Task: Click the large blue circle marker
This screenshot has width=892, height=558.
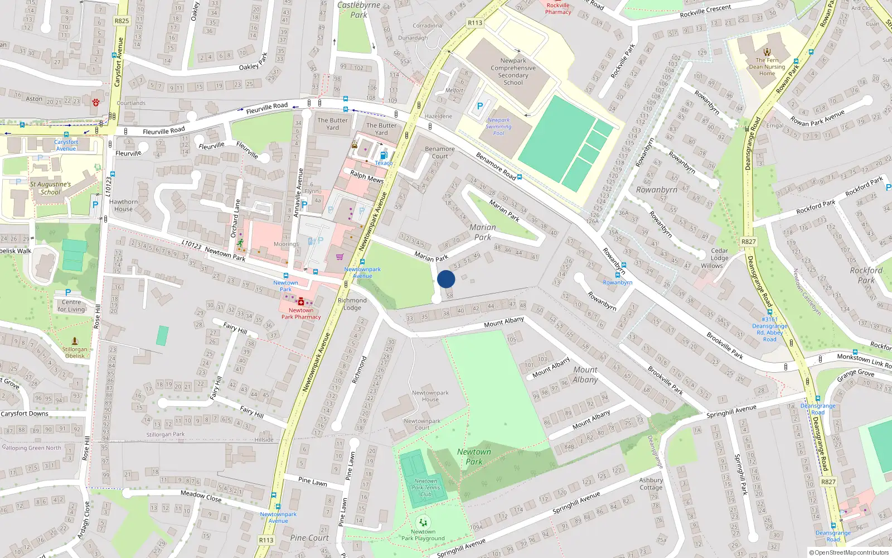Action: pos(446,279)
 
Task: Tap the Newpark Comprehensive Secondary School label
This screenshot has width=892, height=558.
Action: pos(513,71)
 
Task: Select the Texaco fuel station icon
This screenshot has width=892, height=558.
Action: pos(383,156)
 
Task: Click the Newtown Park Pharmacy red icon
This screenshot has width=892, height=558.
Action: pos(301,302)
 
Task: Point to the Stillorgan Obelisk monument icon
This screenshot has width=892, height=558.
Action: pos(75,340)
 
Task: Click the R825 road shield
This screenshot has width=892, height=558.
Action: pos(122,21)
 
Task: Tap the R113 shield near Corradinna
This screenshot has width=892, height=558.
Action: pos(475,23)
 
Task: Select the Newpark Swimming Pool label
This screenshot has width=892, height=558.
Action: pos(498,127)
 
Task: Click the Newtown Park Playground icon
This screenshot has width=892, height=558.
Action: pos(423,522)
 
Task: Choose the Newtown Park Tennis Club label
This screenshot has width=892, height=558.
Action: pos(426,487)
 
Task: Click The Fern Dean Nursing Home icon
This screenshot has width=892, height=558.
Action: pos(767,52)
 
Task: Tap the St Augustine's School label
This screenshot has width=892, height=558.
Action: pos(50,188)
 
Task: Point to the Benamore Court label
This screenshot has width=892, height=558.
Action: pos(440,152)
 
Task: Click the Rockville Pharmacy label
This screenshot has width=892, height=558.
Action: pos(558,8)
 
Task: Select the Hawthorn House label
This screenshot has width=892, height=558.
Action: pos(123,205)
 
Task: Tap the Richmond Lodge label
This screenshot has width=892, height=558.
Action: pos(352,304)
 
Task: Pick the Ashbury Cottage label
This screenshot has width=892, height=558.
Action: pos(651,483)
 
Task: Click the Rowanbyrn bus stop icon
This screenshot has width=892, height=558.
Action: pos(618,275)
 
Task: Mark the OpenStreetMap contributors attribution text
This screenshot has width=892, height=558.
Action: pos(849,553)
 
